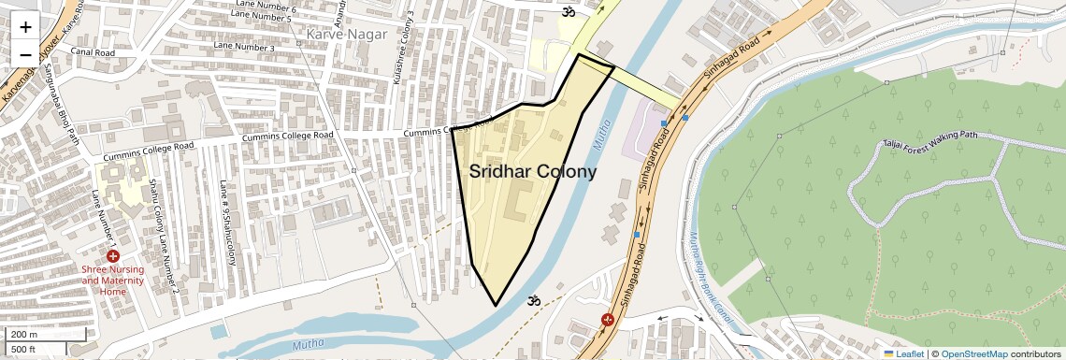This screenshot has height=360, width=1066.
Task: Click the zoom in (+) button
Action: click(x=25, y=26)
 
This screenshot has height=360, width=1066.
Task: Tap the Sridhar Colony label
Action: click(x=532, y=172)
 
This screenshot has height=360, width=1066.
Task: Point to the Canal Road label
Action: click(x=92, y=53)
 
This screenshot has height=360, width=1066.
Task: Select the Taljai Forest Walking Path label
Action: click(x=929, y=139)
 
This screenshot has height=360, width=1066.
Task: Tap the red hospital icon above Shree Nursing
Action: click(x=112, y=256)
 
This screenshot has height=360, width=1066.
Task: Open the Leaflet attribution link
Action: click(x=904, y=354)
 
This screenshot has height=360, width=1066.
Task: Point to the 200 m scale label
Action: click(x=24, y=335)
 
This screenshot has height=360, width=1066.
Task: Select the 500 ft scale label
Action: click(x=24, y=350)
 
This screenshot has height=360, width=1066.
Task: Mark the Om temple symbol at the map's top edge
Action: click(x=567, y=12)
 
